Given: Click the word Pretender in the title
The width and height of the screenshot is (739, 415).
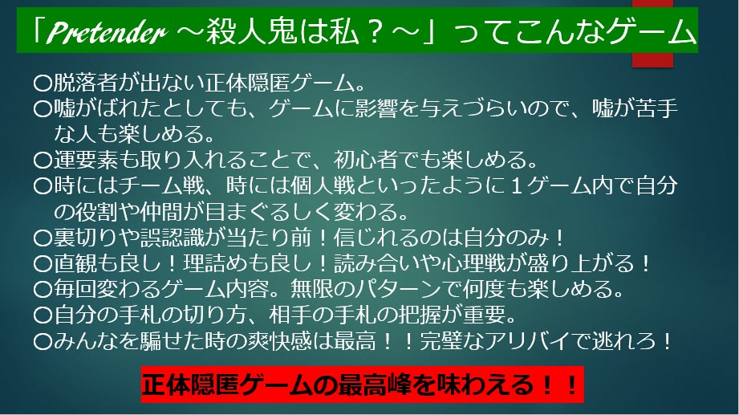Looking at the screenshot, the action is click(x=107, y=33).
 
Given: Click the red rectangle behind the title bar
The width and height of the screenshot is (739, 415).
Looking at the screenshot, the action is click(x=652, y=34).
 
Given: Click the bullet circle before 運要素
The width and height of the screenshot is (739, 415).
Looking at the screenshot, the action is click(x=43, y=161).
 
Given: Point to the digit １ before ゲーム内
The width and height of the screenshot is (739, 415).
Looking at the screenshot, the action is click(x=516, y=185).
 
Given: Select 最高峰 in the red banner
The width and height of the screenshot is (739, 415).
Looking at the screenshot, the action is click(x=376, y=384).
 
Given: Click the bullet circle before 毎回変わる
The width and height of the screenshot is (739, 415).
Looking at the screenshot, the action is click(x=43, y=289).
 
